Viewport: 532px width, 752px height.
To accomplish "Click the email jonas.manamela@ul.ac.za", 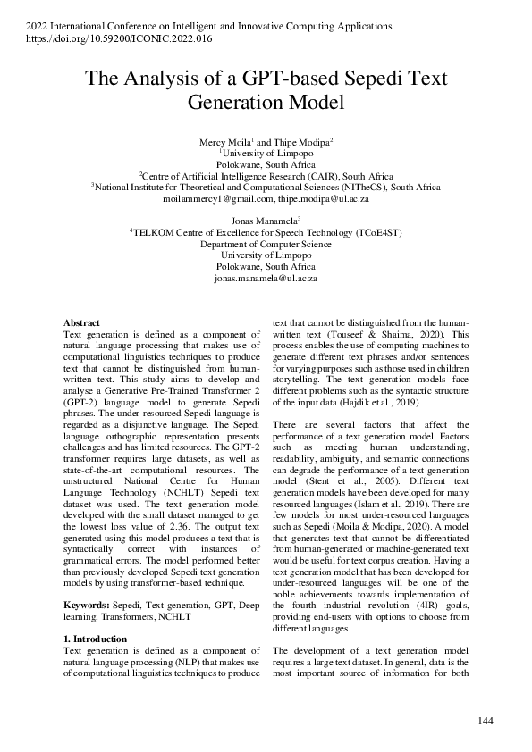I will point(266,278).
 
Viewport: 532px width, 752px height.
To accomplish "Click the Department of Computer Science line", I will point(266,243).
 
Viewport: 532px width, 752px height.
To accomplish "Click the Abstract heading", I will point(81,322).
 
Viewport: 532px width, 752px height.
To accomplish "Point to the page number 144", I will point(486,720).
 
